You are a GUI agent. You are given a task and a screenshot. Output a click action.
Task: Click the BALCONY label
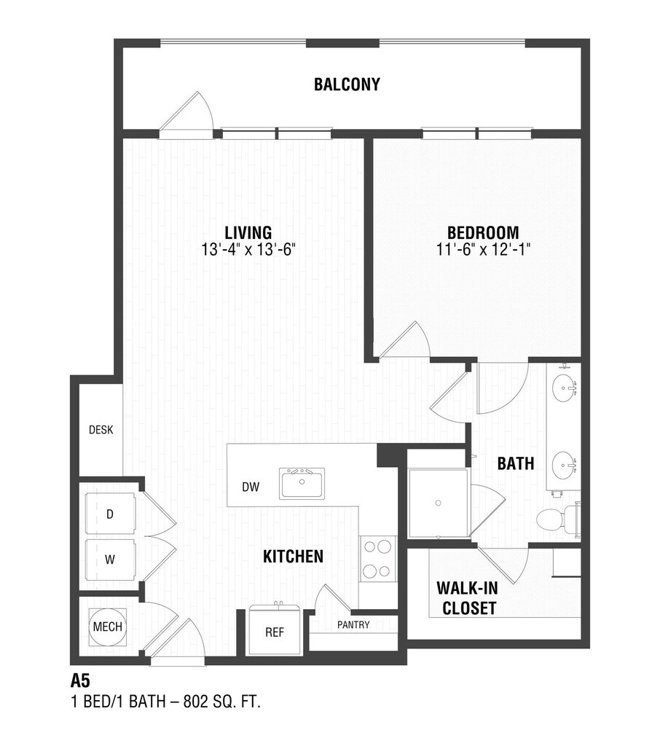[x=347, y=85]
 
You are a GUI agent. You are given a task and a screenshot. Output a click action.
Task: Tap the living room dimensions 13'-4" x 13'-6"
[x=248, y=249]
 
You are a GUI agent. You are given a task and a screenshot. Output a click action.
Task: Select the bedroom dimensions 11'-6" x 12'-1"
[x=483, y=249]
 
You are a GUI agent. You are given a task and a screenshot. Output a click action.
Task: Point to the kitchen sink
[x=302, y=483]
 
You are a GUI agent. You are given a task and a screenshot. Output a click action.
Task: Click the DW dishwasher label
[x=251, y=487]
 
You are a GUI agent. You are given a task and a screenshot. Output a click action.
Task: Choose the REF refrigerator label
[x=275, y=632]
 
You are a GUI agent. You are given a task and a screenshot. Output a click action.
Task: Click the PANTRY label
[x=353, y=624]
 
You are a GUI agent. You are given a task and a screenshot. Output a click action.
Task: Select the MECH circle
[x=108, y=627]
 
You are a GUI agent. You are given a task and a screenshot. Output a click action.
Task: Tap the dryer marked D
[x=111, y=514]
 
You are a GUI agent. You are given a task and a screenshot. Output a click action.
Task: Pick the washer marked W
[x=111, y=559]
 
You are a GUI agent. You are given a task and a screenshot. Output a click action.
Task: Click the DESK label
[x=101, y=430]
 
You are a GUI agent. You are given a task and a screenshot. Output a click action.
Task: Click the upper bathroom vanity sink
[x=565, y=388]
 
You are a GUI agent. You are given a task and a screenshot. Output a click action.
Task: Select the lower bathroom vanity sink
[x=565, y=466]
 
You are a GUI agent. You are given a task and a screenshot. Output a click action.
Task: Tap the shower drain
[x=438, y=503]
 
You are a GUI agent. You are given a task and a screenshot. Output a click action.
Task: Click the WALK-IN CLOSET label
[x=467, y=598]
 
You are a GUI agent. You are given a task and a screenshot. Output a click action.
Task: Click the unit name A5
[x=80, y=681]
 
